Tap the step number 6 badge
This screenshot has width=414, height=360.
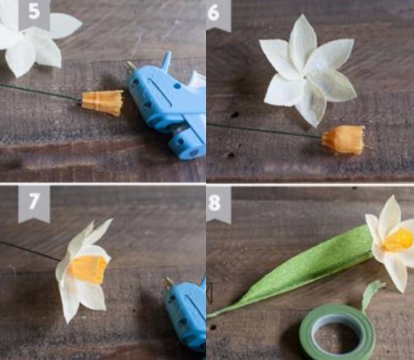pyautogui.click(x=218, y=14)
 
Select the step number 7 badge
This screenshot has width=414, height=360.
pyautogui.click(x=34, y=203)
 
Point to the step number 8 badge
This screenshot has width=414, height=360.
pyautogui.click(x=219, y=205)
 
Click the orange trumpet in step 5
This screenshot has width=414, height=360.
pyautogui.click(x=103, y=102)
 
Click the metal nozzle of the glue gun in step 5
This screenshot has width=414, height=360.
pyautogui.click(x=130, y=67)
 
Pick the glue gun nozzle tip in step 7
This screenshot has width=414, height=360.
pyautogui.click(x=168, y=283)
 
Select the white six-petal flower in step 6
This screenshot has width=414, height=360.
pyautogui.click(x=308, y=71)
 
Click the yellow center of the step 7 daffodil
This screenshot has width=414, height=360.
pyautogui.click(x=88, y=270)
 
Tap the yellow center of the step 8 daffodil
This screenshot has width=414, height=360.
pyautogui.click(x=398, y=240)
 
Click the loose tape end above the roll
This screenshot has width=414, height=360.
pyautogui.click(x=371, y=294)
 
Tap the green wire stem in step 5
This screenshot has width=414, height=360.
pyautogui.click(x=41, y=91)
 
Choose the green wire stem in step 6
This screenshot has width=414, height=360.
pyautogui.click(x=264, y=130)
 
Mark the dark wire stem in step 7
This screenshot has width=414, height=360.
pyautogui.click(x=30, y=251)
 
